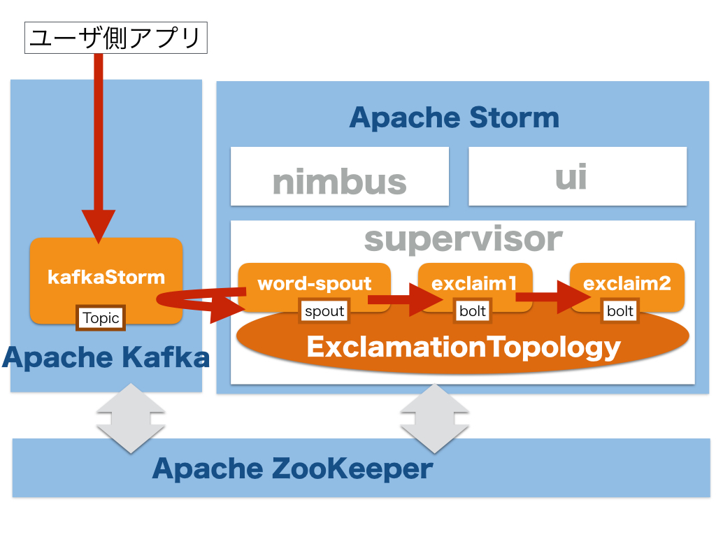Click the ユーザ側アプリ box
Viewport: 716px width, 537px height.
116,38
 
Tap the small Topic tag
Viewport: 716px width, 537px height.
101,318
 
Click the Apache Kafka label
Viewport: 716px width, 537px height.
106,357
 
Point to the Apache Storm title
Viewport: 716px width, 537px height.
454,117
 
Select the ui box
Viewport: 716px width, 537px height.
577,177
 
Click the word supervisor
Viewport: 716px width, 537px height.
463,239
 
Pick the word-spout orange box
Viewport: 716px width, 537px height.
315,283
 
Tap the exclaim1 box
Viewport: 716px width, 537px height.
475,282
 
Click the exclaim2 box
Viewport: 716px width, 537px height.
627,282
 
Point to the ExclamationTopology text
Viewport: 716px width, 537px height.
463,347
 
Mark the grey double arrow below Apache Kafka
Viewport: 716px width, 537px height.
131,418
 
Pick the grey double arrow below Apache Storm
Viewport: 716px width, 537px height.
434,418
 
